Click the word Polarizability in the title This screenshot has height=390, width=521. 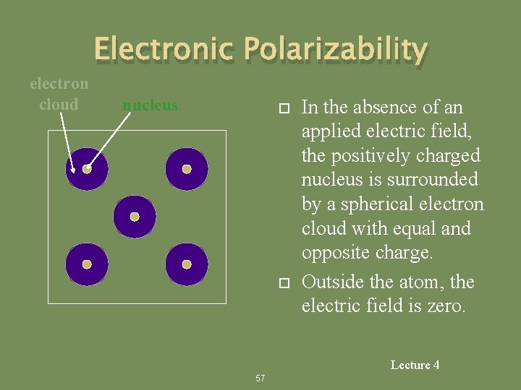tap(335, 49)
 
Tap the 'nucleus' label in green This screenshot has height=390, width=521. tap(150, 105)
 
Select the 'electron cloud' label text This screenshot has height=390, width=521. tap(59, 94)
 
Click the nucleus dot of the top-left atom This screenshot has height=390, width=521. tap(87, 169)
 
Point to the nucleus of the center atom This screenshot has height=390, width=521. tap(135, 217)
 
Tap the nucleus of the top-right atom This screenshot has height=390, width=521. tap(186, 169)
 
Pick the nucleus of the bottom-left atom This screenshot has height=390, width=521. tap(87, 264)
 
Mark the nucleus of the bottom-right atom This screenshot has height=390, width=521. tap(186, 264)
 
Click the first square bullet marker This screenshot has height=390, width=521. tap(284, 108)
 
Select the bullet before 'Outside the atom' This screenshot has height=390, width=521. tap(284, 282)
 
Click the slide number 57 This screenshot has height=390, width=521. tap(260, 378)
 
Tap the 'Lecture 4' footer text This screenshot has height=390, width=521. tap(415, 365)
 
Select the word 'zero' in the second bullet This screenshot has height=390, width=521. tap(449, 306)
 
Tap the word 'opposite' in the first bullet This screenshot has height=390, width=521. tap(336, 253)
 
